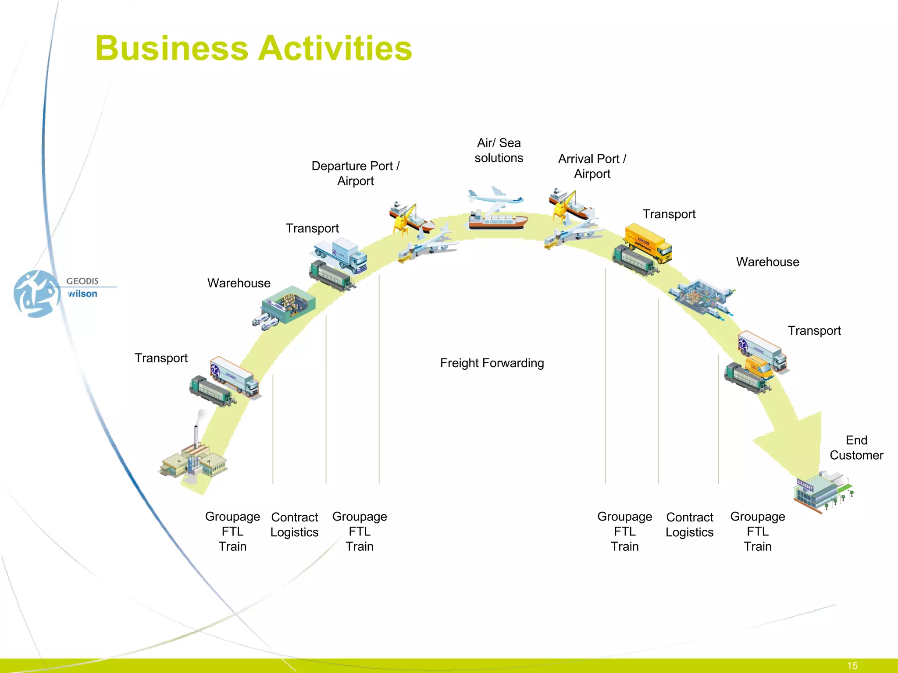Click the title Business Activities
click(253, 48)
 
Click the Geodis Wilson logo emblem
click(36, 293)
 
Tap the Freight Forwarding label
click(492, 363)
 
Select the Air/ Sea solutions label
click(499, 150)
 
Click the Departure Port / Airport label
click(355, 174)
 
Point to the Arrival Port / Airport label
click(592, 166)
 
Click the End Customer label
click(856, 448)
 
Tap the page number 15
click(852, 666)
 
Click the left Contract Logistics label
click(294, 525)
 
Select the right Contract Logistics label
click(689, 525)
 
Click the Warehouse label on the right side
click(767, 262)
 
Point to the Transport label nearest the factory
click(161, 358)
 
